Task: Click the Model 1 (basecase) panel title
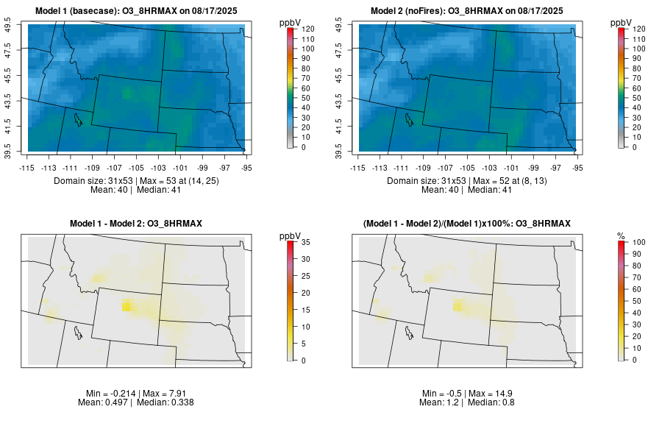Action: [140, 11]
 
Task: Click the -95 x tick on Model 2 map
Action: [577, 167]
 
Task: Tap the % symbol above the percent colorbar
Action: [621, 235]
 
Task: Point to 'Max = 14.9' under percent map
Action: [494, 394]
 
